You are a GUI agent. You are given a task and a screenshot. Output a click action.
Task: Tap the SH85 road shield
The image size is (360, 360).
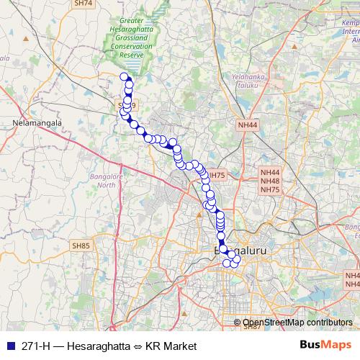click(x=81, y=246)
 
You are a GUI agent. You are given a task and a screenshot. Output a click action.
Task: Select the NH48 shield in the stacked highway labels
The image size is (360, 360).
click(x=270, y=181)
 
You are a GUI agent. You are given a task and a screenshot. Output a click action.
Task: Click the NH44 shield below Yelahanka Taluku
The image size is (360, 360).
click(x=247, y=125)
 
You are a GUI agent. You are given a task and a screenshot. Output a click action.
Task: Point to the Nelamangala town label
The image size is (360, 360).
click(x=34, y=123)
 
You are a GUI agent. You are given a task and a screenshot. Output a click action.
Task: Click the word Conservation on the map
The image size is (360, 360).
click(x=132, y=47)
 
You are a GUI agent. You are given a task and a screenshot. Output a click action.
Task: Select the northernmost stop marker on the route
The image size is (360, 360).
click(x=124, y=77)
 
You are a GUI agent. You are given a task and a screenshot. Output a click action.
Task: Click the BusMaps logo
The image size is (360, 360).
click(x=326, y=346)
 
